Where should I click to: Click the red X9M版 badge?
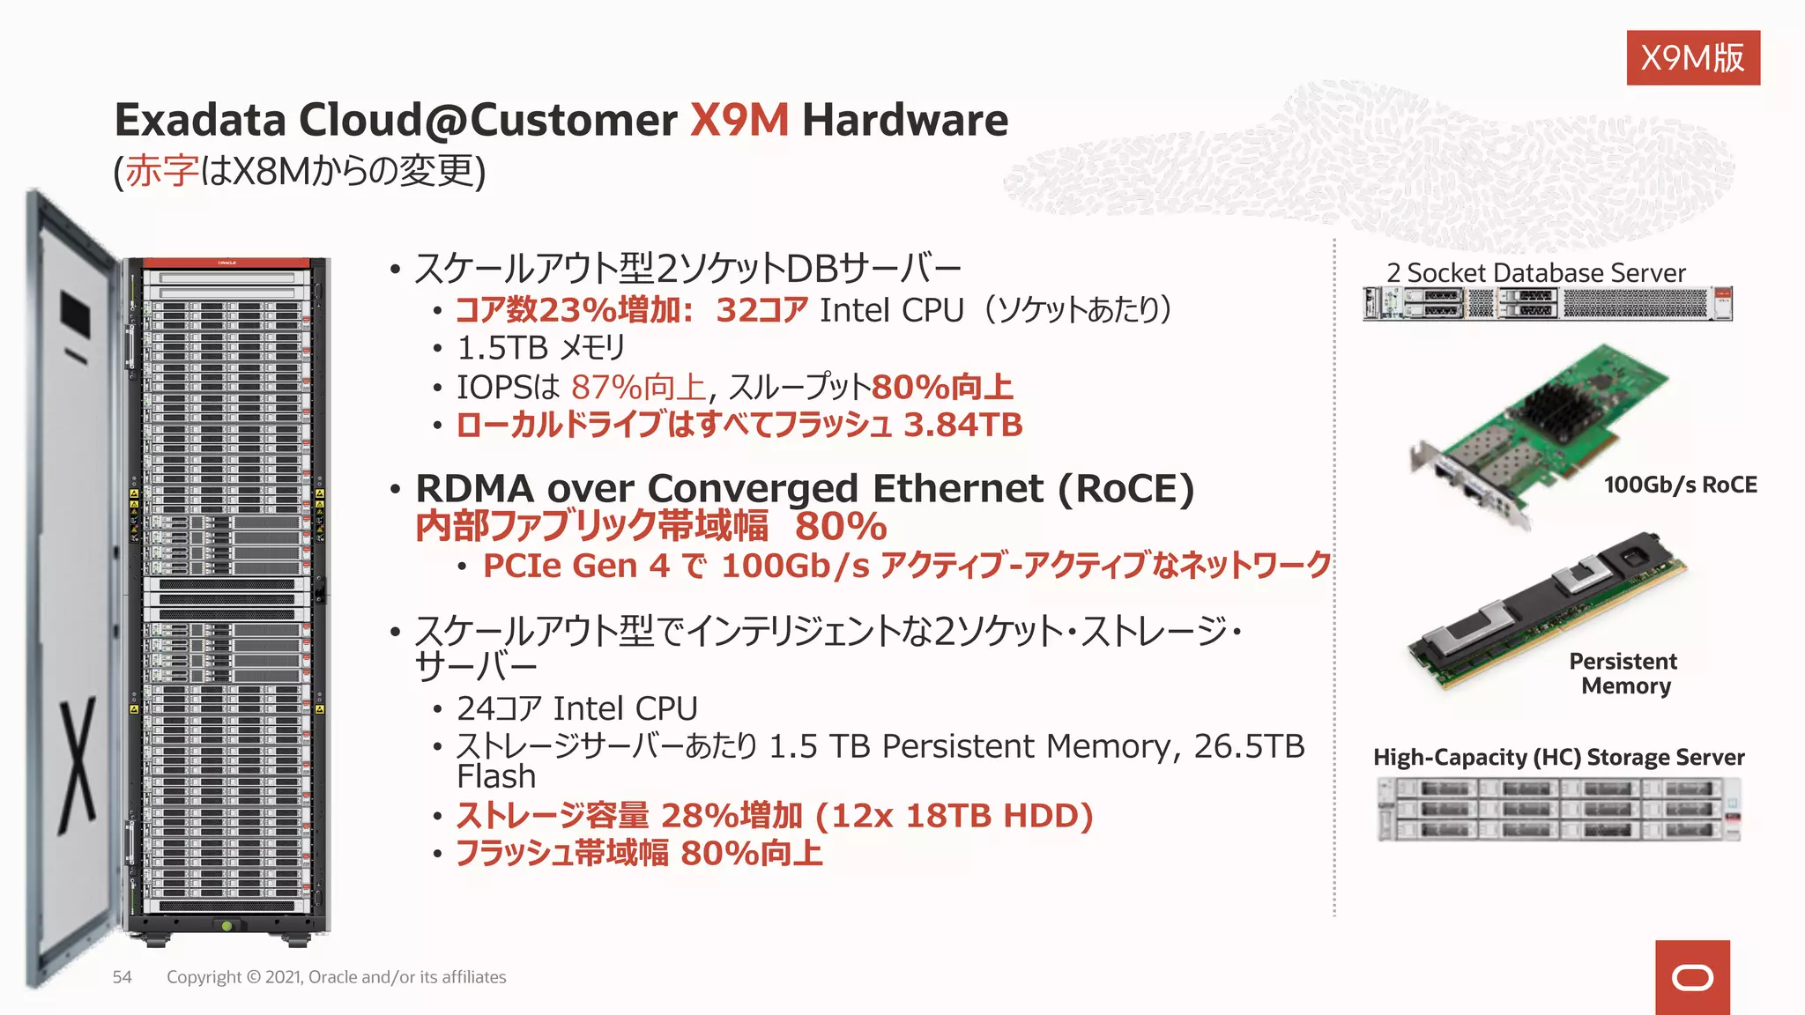click(x=1692, y=58)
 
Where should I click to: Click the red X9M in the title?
click(x=739, y=120)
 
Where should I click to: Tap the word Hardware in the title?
click(x=904, y=120)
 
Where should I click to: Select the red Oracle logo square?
click(x=1692, y=977)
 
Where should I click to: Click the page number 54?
click(x=123, y=977)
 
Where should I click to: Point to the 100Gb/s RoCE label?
click(x=1680, y=485)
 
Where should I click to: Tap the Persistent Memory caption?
click(x=1624, y=673)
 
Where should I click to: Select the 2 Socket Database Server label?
click(x=1535, y=273)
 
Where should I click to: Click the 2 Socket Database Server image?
click(x=1547, y=304)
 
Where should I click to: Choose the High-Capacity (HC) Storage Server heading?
click(x=1558, y=758)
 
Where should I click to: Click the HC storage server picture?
click(x=1557, y=809)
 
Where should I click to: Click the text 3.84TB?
click(x=963, y=425)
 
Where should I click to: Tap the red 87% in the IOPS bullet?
click(x=606, y=387)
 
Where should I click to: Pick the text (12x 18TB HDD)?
click(x=954, y=816)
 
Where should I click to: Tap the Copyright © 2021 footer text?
click(x=336, y=977)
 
